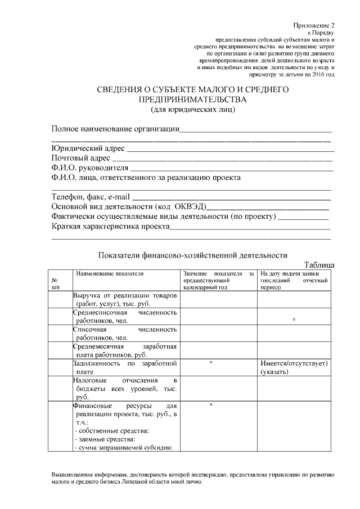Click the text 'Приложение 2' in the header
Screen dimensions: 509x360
point(314,26)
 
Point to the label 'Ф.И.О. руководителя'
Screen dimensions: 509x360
point(90,168)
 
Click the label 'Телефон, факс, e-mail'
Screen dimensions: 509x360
point(91,197)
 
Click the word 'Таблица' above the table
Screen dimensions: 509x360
point(319,264)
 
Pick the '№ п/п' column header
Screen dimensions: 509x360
point(56,283)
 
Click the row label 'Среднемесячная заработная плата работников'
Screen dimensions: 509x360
point(125,350)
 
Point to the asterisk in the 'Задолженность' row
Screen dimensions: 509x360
point(210,363)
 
